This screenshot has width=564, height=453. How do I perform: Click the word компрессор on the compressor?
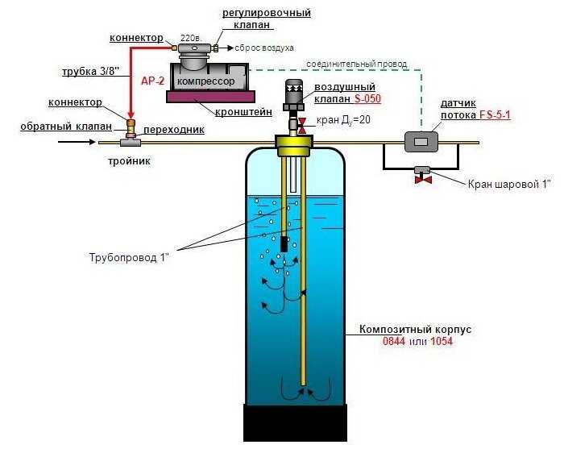[206, 81]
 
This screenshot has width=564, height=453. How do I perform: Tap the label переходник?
[174, 129]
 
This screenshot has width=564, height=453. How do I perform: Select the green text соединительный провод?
[355, 63]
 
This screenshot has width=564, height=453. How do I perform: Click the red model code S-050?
[367, 99]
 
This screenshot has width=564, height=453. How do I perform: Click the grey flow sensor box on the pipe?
[421, 142]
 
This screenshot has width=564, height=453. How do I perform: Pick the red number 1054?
[441, 342]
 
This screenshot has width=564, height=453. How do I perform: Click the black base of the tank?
[295, 422]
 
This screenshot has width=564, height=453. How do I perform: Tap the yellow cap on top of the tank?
[295, 146]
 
